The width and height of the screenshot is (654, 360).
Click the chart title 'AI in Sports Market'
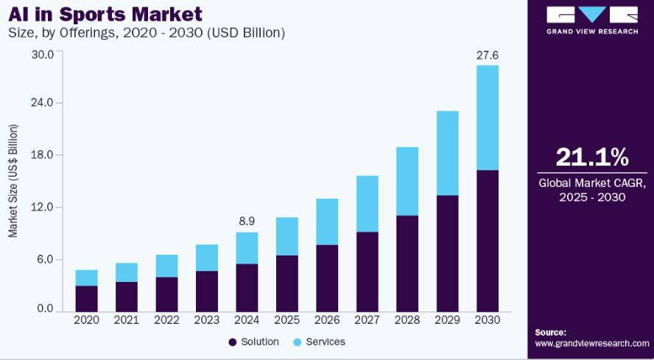click(x=105, y=14)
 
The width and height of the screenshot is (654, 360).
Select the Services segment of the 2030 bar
click(x=487, y=118)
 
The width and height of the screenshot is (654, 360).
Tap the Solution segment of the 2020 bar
click(x=86, y=299)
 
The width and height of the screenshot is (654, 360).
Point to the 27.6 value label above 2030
click(x=487, y=55)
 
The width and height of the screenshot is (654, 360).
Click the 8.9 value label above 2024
click(x=247, y=222)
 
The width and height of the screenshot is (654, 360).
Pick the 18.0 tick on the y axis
click(x=43, y=155)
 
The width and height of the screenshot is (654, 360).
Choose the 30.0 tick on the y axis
click(x=43, y=54)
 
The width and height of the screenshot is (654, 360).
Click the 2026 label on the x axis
click(x=327, y=320)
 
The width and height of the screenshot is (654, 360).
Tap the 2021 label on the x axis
click(x=127, y=320)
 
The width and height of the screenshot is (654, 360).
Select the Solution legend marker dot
click(x=233, y=342)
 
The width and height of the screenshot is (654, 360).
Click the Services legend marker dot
click(x=297, y=342)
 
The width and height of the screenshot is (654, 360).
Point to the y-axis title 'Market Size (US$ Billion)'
click(x=13, y=180)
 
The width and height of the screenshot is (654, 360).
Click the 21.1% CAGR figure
click(x=592, y=158)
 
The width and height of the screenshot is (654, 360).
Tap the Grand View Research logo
click(x=592, y=20)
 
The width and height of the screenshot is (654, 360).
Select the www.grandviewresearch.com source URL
click(x=592, y=343)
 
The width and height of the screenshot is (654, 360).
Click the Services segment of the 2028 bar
click(x=407, y=181)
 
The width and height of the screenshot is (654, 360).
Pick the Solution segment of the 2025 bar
click(x=287, y=283)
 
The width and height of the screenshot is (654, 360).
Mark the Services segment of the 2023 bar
click(x=206, y=258)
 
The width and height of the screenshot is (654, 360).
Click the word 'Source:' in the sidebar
click(x=550, y=333)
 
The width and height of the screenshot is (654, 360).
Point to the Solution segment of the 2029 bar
click(x=447, y=254)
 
